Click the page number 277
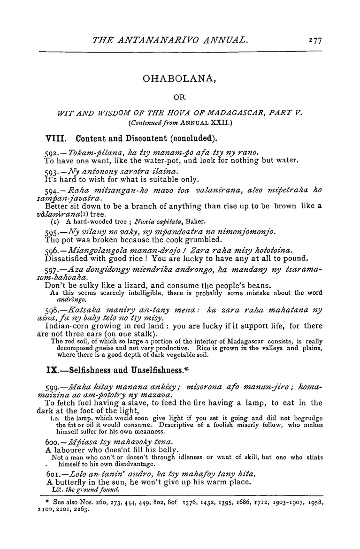(314, 41)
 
